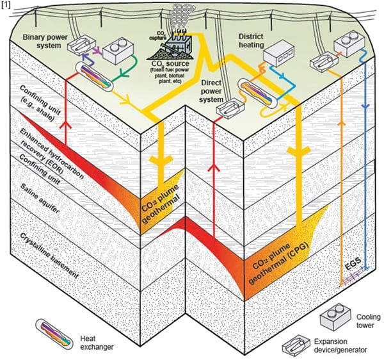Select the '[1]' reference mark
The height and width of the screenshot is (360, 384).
tap(6, 5)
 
